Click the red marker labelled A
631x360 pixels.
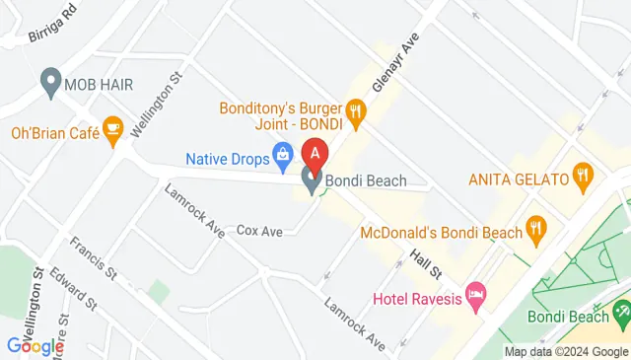[x=315, y=155]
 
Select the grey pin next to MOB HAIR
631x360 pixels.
[x=50, y=84]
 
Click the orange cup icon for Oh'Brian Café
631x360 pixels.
[x=113, y=130]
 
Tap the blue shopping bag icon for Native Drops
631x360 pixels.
[x=283, y=154]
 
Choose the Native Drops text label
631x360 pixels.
[x=228, y=156]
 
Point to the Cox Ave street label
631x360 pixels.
[x=260, y=231]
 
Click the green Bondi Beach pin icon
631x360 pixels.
[x=622, y=313]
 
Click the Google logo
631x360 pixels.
[x=35, y=345]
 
